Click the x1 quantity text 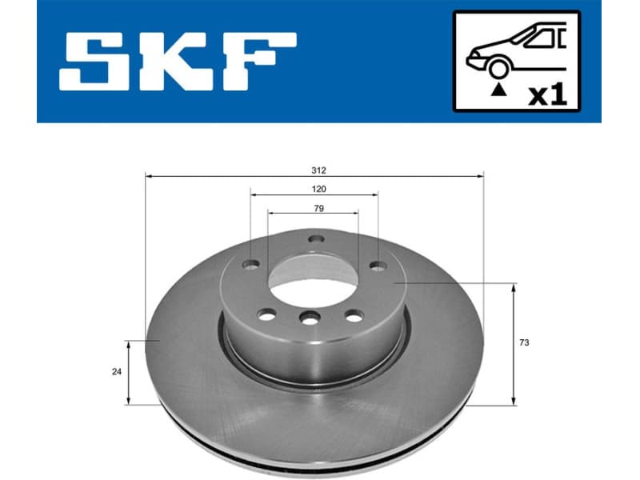pos(548,95)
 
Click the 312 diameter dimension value pos(319,170)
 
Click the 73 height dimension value pos(524,342)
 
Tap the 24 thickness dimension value pos(117,371)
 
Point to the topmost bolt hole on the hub pos(314,238)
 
